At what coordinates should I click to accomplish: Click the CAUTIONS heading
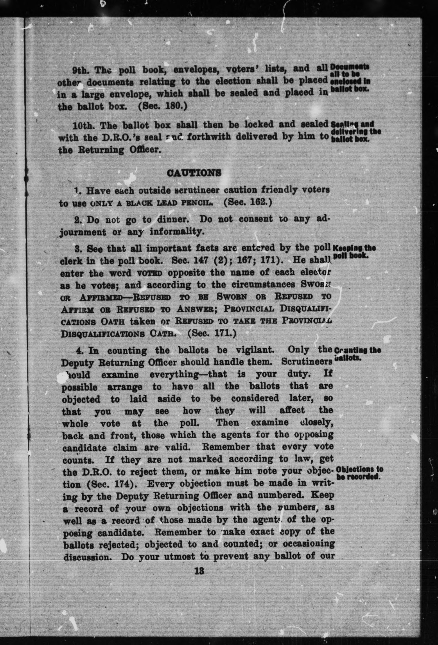click(194, 173)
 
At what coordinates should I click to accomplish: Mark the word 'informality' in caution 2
click(177, 232)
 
